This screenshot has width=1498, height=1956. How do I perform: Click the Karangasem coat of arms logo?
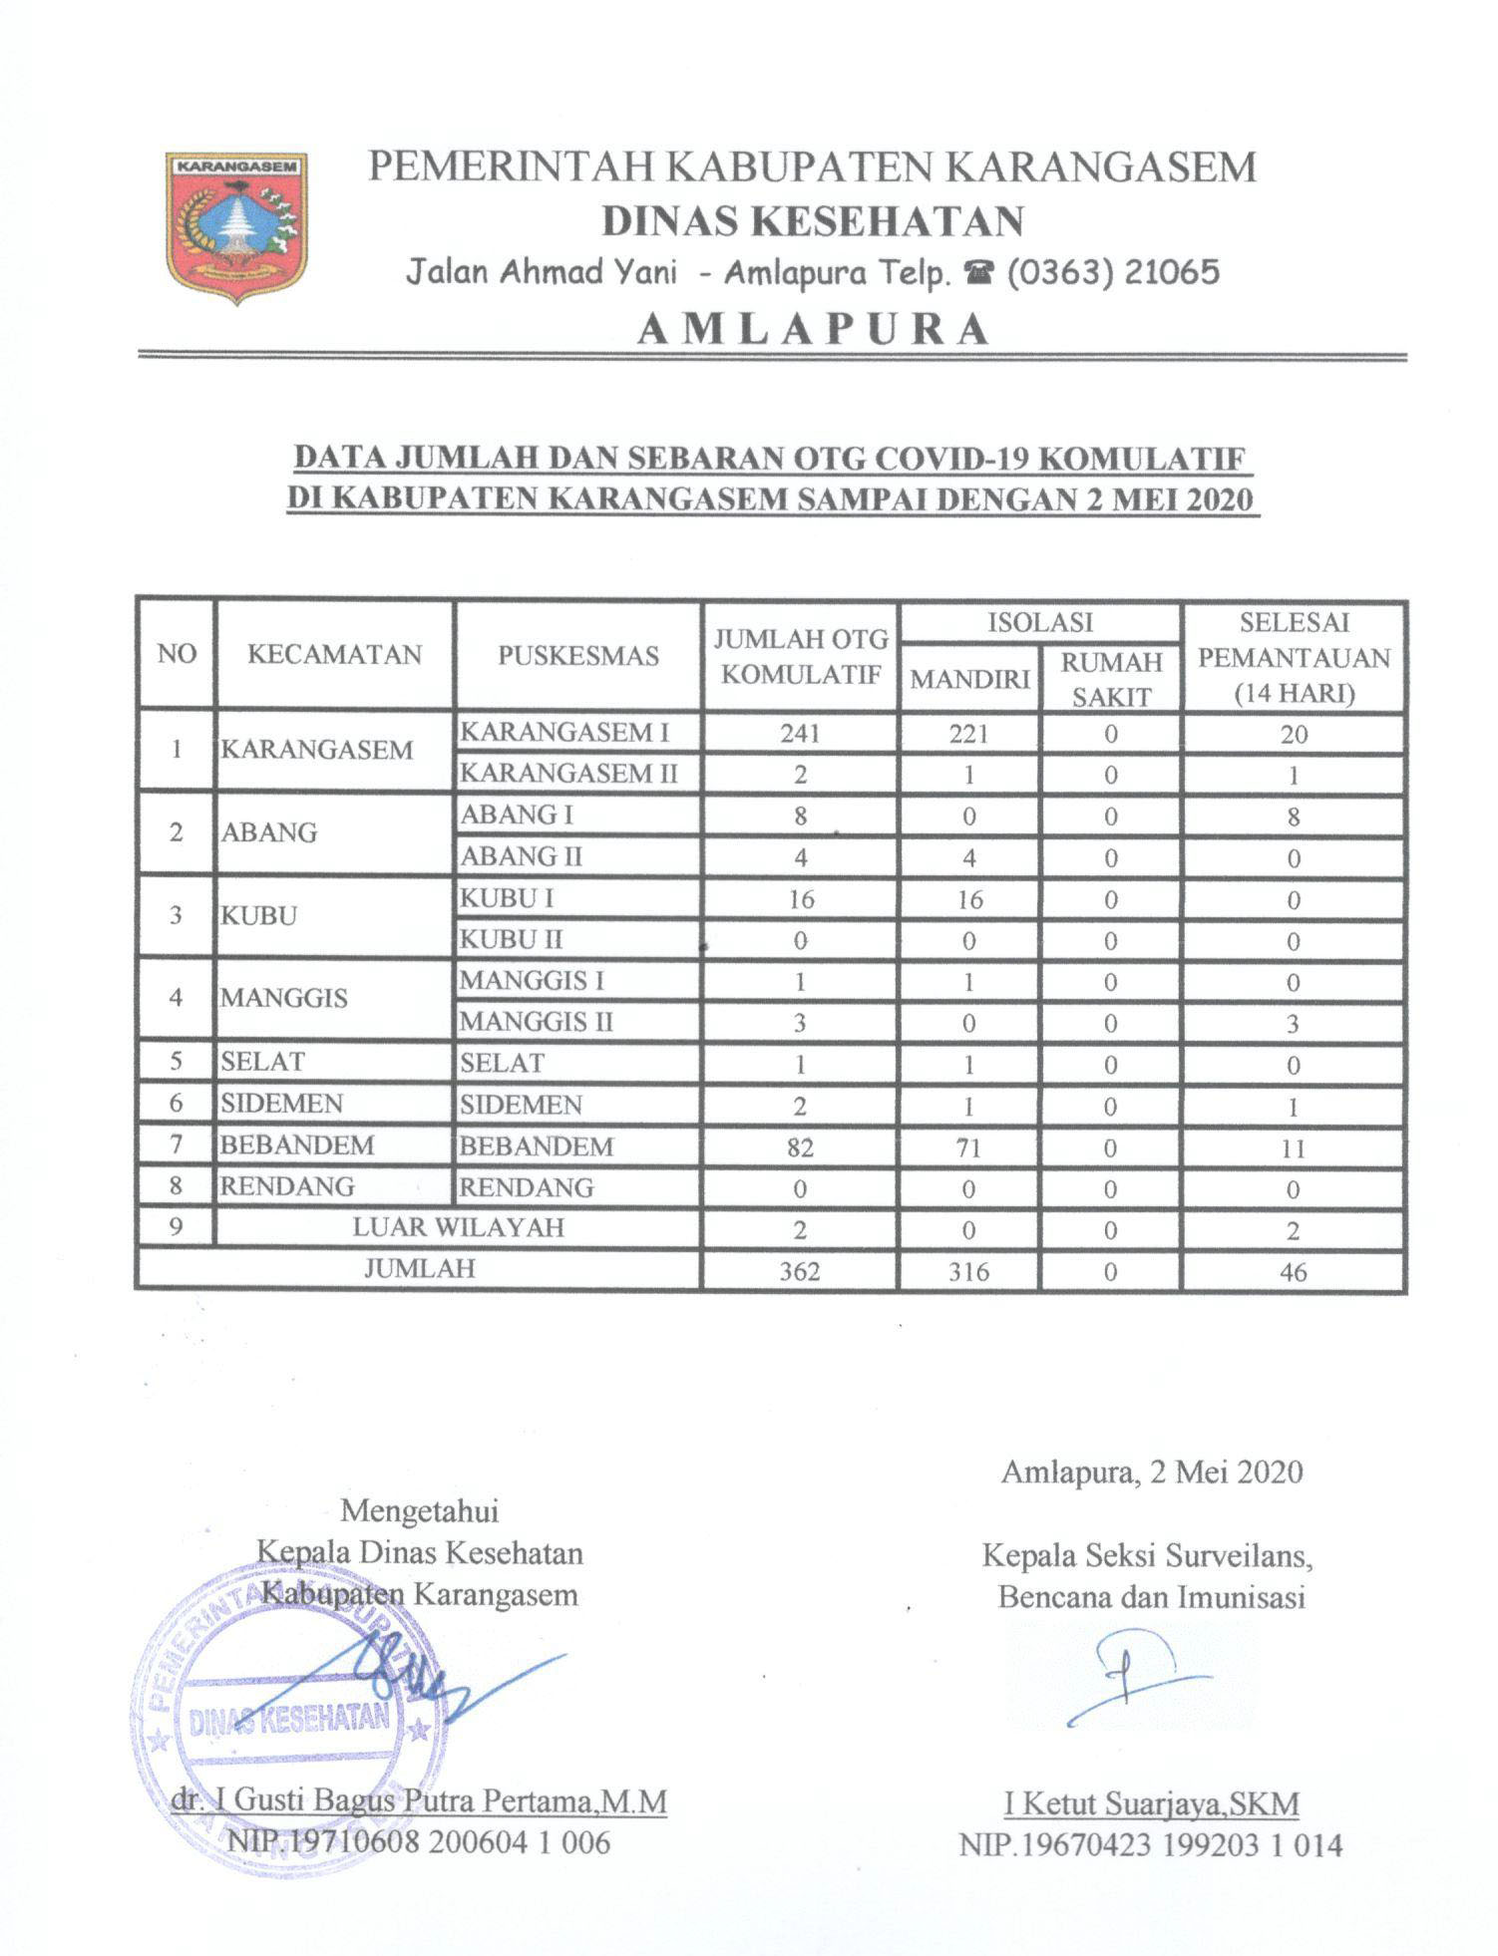[236, 226]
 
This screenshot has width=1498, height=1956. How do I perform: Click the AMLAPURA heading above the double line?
[813, 329]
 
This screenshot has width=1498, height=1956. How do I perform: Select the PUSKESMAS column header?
[578, 655]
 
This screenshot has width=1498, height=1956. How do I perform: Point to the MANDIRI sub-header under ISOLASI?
[969, 680]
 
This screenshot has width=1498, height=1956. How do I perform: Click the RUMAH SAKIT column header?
[1111, 680]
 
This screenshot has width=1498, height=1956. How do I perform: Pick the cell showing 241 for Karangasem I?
[800, 734]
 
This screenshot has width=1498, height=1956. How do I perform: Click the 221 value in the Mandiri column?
[968, 734]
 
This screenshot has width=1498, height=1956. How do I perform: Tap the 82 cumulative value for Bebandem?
[800, 1147]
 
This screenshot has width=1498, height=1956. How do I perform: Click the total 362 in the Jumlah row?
[800, 1272]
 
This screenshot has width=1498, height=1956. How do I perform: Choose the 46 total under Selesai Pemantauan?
[1293, 1272]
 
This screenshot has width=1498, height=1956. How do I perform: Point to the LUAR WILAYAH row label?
[458, 1227]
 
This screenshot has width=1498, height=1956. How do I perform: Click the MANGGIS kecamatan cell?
[284, 997]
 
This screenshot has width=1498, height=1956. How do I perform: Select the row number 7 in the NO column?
[177, 1144]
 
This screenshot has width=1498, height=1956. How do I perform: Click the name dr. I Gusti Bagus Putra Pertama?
[417, 1801]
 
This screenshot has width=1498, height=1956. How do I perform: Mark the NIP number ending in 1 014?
[1151, 1844]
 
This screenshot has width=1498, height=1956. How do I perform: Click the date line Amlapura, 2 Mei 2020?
[1152, 1472]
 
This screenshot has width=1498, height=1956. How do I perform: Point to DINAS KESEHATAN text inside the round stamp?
[289, 1718]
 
